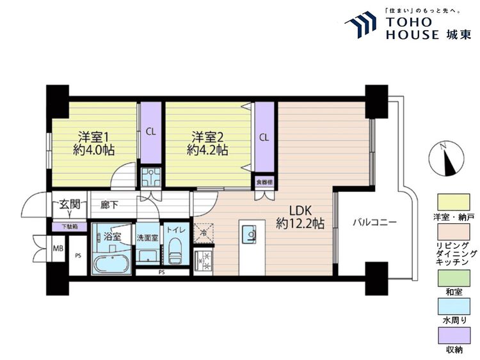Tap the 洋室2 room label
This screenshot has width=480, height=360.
[207, 137]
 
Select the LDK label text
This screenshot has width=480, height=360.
[300, 210]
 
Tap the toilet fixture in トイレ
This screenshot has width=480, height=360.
[175, 251]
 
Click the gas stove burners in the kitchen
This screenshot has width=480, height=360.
[204, 260]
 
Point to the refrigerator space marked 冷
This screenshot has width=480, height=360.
[204, 233]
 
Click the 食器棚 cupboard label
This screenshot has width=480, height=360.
[264, 182]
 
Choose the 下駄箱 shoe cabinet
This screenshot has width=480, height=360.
[70, 227]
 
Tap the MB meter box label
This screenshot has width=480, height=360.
[58, 248]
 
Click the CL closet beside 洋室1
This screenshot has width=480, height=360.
[150, 132]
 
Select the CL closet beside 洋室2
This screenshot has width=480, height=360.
[264, 137]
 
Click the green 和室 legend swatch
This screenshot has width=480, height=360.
[454, 278]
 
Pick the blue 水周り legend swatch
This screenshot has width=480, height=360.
[454, 307]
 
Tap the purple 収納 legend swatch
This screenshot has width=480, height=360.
[454, 336]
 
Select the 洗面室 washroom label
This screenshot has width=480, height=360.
[147, 237]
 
